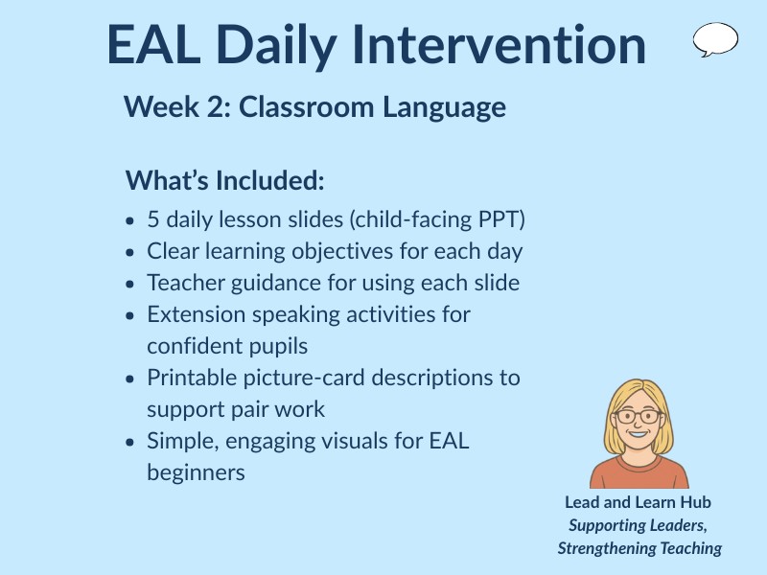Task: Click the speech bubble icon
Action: [x=715, y=39]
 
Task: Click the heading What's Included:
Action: [x=225, y=180]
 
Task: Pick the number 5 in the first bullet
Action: [x=153, y=219]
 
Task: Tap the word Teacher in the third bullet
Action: [x=180, y=283]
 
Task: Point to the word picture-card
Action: [x=293, y=378]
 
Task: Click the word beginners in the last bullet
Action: [x=196, y=472]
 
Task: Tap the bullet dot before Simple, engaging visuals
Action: [x=130, y=442]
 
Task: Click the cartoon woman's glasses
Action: [x=639, y=417]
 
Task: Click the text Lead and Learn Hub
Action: [x=638, y=502]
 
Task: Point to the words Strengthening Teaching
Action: [x=639, y=548]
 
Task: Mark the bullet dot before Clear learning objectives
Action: [x=130, y=252]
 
